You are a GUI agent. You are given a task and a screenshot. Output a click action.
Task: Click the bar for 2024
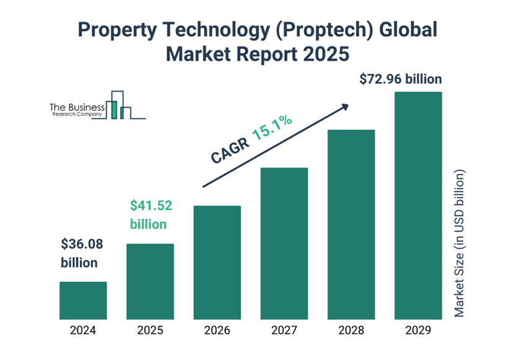coord(83,301)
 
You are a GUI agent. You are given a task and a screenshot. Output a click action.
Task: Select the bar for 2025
coord(150,281)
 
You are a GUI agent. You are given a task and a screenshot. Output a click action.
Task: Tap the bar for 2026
coord(217,263)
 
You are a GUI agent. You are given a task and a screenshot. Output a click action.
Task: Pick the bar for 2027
coord(284,244)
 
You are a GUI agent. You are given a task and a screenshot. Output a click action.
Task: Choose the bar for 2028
coord(351,224)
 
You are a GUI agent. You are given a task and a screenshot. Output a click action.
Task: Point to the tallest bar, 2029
coord(418,206)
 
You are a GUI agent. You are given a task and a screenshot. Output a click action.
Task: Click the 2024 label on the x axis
coord(83,331)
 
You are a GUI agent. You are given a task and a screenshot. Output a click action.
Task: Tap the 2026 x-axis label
coord(217,331)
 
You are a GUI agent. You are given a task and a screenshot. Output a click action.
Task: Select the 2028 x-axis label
coord(351,331)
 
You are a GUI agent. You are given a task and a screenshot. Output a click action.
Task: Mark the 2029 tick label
coord(418,331)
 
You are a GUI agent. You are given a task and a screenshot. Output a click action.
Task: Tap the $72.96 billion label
coord(401,79)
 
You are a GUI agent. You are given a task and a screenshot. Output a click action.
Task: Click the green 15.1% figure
coord(271,128)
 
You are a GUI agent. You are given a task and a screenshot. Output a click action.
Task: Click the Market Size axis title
coord(459,243)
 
